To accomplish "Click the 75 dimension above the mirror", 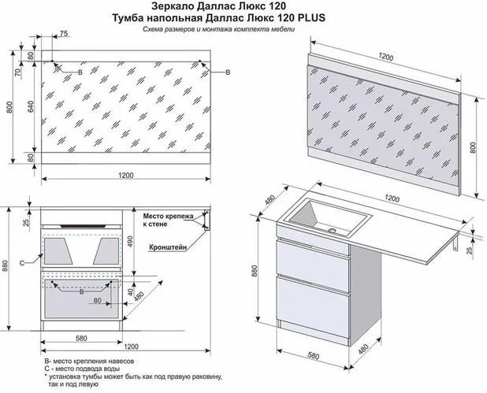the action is [x=63, y=34].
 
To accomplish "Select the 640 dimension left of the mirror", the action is [x=31, y=106].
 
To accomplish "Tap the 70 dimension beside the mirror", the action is [x=18, y=72].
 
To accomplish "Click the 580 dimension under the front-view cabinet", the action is [x=81, y=338].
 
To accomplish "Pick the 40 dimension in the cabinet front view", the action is [x=130, y=292].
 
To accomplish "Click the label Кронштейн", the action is [x=168, y=247].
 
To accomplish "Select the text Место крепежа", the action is [x=168, y=216].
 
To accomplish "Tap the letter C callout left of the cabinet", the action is [x=22, y=263].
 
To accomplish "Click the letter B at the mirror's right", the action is [x=228, y=72].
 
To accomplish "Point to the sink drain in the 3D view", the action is [x=333, y=231].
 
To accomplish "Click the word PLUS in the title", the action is [x=312, y=17].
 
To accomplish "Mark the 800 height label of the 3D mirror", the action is [x=473, y=147].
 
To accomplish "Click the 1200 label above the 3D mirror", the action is [x=386, y=57].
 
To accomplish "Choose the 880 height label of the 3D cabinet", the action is [x=255, y=271].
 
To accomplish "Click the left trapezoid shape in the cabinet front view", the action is [x=58, y=251].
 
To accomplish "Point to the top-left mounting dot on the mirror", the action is [x=52, y=61].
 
